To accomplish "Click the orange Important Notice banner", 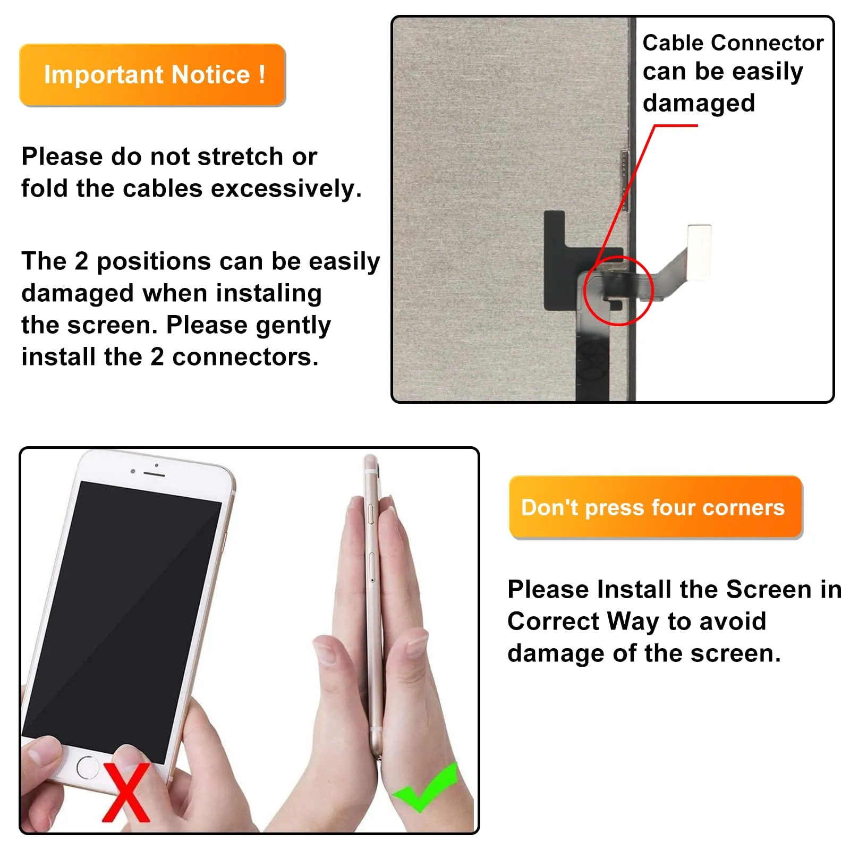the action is coord(152,74).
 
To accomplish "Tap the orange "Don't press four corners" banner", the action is coord(655,507).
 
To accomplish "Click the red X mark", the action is coord(126,792).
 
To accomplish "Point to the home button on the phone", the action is coord(87,767).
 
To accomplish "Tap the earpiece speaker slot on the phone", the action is coord(154,473).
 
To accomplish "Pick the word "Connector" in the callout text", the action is coord(768,42).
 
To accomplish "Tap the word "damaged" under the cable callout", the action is coord(699,104).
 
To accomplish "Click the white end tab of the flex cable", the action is coord(699,252).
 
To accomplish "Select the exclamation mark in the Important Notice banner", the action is coord(262,74).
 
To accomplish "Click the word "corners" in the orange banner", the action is coord(743,508).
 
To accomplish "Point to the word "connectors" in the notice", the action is coord(245,358).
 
